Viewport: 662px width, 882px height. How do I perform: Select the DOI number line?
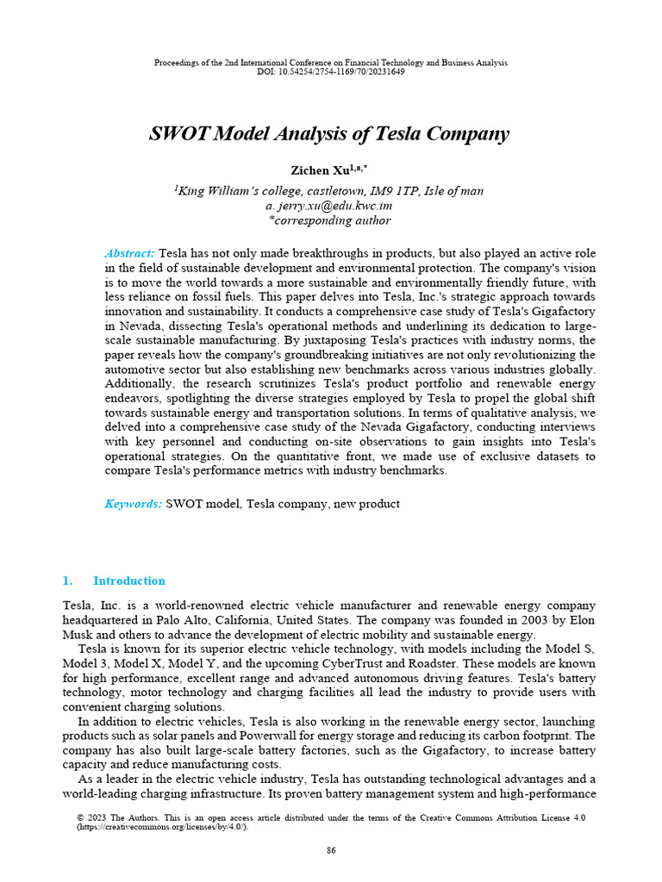[x=330, y=71]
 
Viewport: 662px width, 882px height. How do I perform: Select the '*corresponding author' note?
[x=330, y=220]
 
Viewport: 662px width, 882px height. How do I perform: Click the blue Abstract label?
[x=129, y=253]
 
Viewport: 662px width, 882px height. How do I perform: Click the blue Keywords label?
[x=133, y=503]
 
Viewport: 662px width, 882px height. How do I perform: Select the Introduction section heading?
[x=128, y=581]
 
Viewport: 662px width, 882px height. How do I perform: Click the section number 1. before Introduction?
[x=69, y=581]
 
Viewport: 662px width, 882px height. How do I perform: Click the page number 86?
[x=331, y=851]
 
